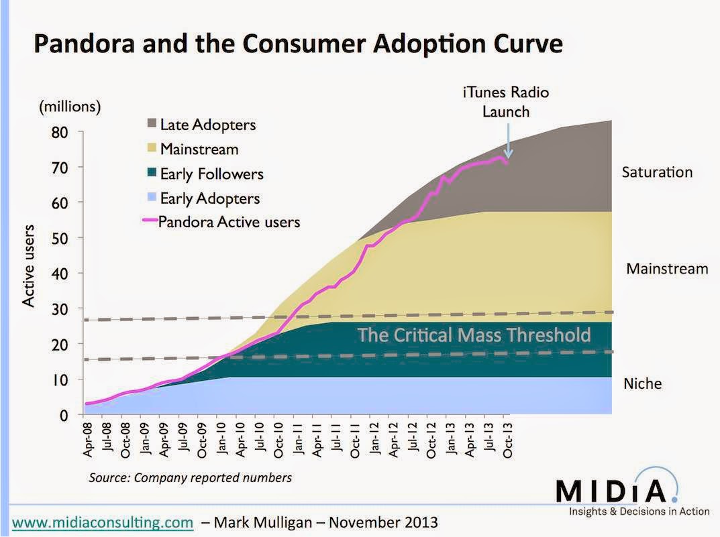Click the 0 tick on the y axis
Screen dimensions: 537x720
point(64,415)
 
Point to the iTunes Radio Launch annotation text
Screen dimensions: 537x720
point(506,101)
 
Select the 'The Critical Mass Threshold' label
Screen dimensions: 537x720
point(474,335)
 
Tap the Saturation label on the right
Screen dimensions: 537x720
point(656,172)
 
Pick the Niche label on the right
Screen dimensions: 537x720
point(642,384)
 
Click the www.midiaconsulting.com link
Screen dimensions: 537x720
point(103,520)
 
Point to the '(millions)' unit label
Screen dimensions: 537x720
point(70,105)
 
